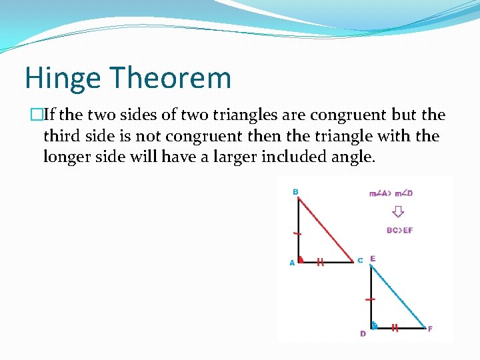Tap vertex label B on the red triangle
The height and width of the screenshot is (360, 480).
pos(295,192)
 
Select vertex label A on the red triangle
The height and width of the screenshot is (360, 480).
pos(292,263)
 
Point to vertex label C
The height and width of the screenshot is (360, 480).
pos(360,260)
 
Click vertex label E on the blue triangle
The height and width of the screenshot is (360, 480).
pos(373,259)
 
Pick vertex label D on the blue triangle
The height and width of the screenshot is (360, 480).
pos(363,333)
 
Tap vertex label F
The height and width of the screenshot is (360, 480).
pos(429,329)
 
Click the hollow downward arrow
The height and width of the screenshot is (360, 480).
pos(398,212)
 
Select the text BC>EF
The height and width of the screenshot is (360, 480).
pos(399,230)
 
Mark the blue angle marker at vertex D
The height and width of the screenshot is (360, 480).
pos(374,326)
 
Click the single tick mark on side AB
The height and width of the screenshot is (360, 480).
pos(298,234)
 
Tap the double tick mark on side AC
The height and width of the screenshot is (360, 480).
pos(321,262)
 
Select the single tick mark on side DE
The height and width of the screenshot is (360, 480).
pos(370,300)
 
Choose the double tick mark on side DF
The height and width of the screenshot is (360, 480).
pos(395,328)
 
